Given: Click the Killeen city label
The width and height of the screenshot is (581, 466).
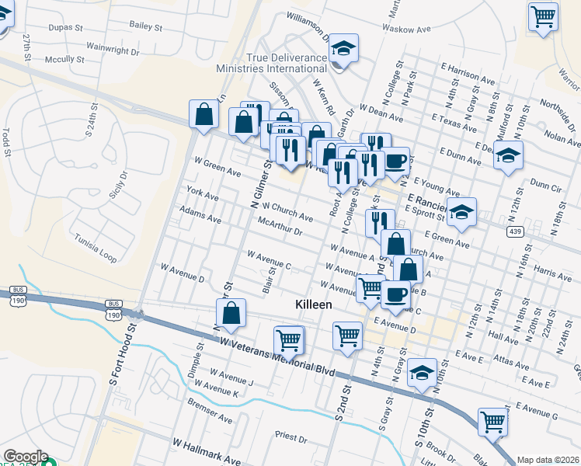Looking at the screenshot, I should click(314, 305).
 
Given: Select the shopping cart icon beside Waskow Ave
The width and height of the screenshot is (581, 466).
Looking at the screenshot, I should click(543, 16).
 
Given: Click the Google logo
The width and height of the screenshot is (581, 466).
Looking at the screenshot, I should click(25, 457).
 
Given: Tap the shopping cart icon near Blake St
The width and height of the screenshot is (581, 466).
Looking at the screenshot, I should click(492, 421).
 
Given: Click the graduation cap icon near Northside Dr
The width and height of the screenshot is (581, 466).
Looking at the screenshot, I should click(508, 156).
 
